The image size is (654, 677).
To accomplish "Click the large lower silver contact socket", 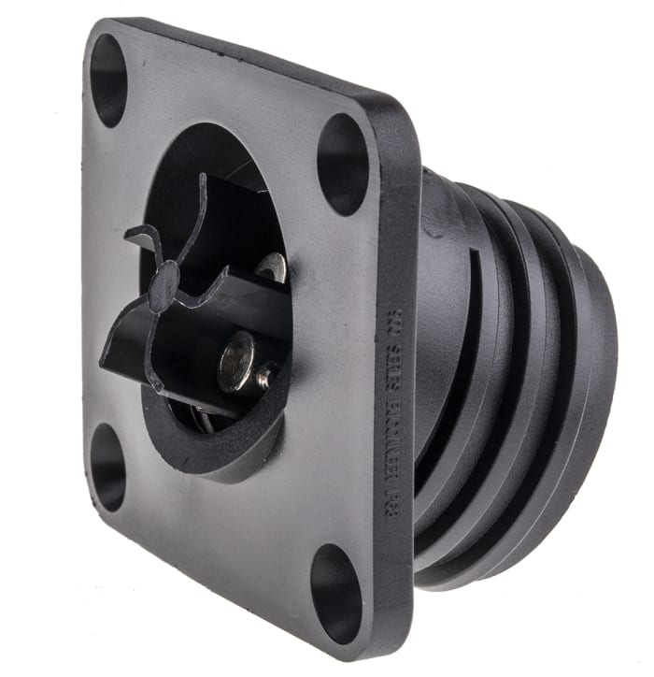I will [x=237, y=360].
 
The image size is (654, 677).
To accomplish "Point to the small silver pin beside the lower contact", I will [x=266, y=378].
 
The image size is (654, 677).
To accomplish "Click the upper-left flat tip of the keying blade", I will [x=141, y=233].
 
